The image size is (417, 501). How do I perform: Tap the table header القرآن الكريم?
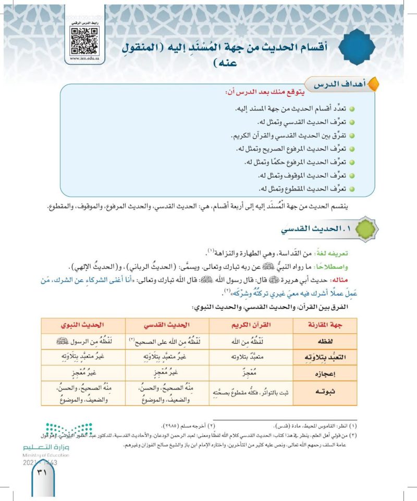250,324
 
